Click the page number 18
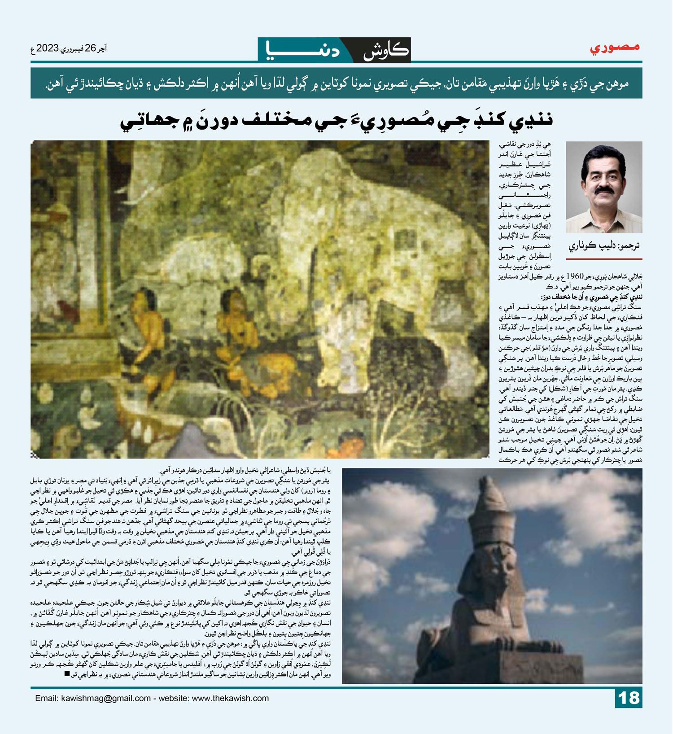click(x=629, y=698)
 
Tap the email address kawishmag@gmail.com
click(x=106, y=699)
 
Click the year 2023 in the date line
click(x=48, y=48)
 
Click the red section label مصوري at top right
click(x=615, y=48)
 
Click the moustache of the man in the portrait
click(x=604, y=190)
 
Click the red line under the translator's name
click(x=604, y=259)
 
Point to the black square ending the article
click(x=67, y=674)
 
